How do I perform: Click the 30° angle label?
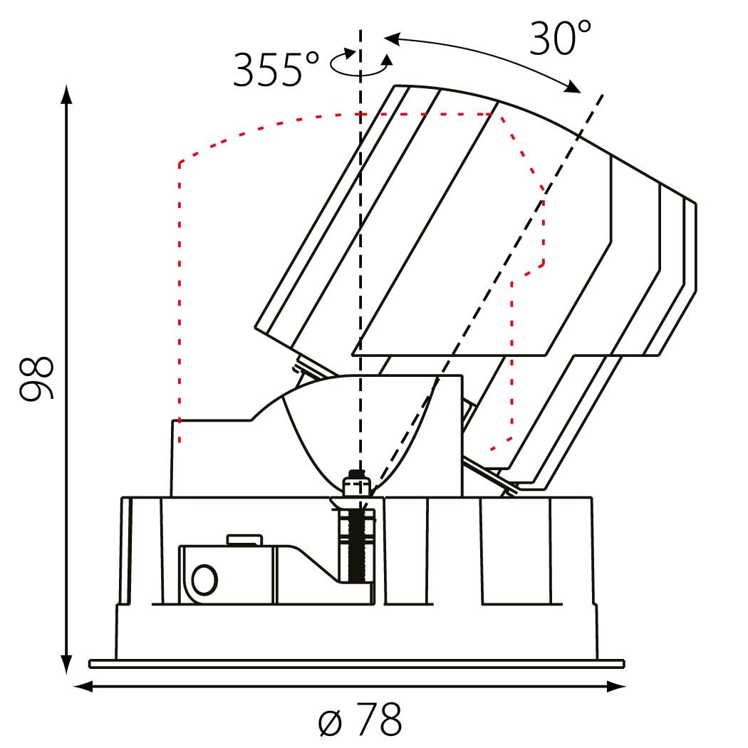click(560, 38)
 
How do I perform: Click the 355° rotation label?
click(276, 69)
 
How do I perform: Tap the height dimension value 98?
click(36, 378)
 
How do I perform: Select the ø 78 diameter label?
click(360, 719)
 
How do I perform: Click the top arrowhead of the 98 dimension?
click(67, 95)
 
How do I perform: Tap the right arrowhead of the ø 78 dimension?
click(616, 687)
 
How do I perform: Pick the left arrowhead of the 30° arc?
click(392, 39)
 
